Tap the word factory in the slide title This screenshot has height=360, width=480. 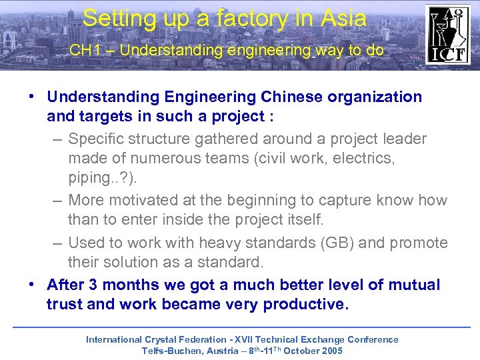[x=226, y=18]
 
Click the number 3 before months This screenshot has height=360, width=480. [x=93, y=285]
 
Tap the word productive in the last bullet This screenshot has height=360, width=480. [x=305, y=305]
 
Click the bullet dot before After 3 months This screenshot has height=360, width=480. [x=32, y=284]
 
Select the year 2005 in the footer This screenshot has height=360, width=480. [x=331, y=351]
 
